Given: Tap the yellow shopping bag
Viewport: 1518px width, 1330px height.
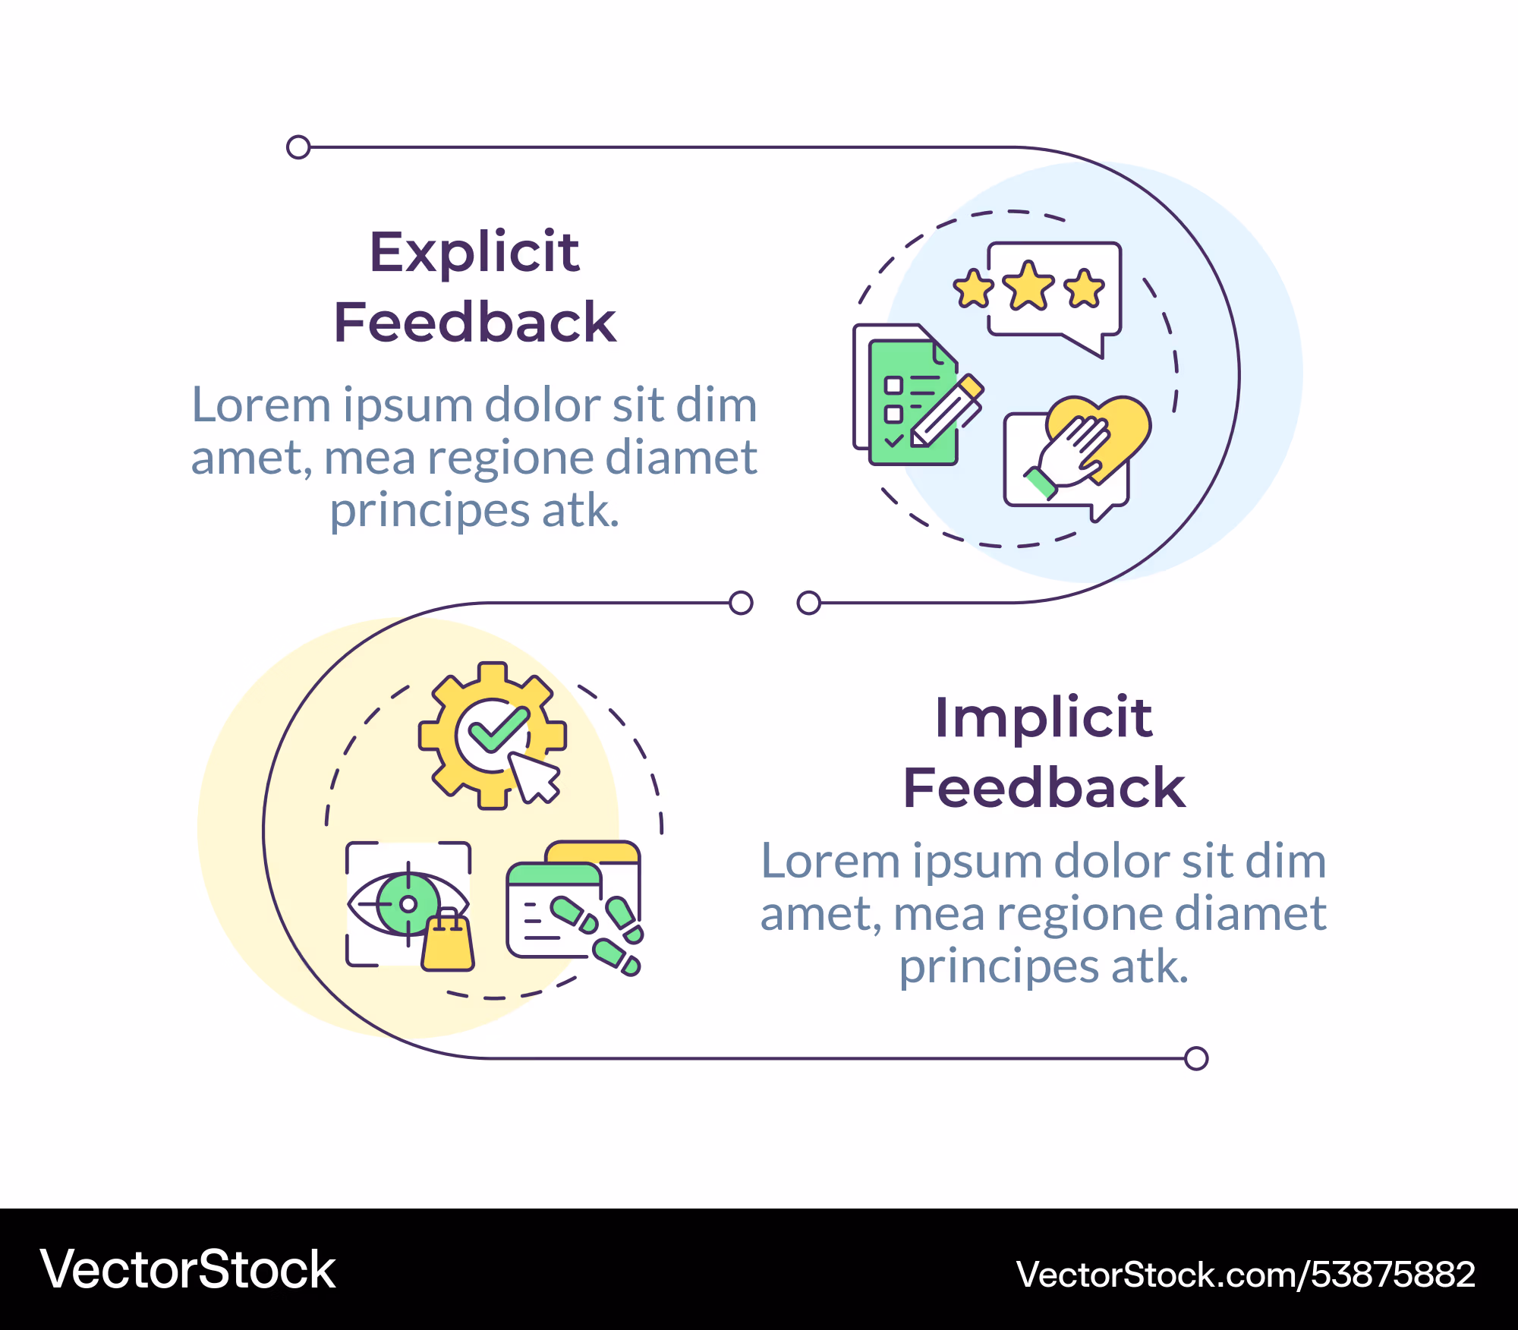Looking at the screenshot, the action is coord(448,941).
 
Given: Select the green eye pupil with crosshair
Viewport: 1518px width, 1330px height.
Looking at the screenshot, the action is coord(408,903).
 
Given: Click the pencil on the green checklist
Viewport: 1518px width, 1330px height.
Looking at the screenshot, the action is coord(947,411).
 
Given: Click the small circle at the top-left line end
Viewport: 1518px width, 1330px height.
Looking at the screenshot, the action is coord(298,147).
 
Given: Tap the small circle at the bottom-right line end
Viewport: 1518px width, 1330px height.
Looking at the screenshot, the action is coord(1196,1058).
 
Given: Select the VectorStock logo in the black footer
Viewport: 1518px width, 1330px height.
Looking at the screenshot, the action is coord(187,1269).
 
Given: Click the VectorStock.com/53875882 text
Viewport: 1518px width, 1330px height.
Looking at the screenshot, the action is coord(1246,1274).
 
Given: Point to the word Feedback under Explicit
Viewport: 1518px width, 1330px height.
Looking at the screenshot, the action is coord(474,322).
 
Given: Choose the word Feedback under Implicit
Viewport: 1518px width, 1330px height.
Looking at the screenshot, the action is coord(1044,787).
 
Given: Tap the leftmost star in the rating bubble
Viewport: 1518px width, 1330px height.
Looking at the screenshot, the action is coord(973,288).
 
